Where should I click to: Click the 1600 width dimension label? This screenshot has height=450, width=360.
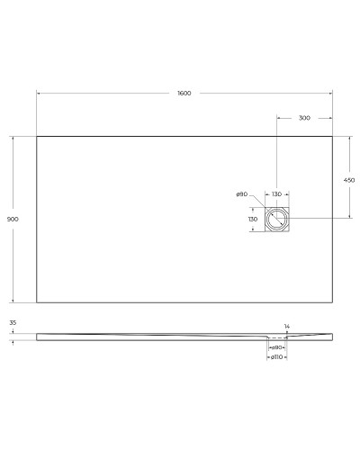(184, 94)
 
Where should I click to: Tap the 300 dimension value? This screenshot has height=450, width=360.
(304, 118)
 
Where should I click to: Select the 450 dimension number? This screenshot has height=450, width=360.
(349, 179)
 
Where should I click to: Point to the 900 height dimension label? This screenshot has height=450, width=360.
(13, 220)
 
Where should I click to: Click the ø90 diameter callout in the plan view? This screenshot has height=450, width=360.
(241, 194)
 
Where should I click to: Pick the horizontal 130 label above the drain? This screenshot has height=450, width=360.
(276, 194)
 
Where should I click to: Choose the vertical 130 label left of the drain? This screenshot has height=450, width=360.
(253, 219)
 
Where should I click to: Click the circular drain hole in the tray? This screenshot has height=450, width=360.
(276, 219)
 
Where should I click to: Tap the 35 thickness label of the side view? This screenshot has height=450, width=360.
(13, 322)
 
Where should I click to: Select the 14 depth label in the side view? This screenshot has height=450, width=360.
(287, 326)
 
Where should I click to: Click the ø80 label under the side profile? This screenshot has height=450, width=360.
(277, 346)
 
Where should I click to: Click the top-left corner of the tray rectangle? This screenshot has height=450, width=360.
(37, 136)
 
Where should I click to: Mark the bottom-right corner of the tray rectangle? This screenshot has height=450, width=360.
(333, 302)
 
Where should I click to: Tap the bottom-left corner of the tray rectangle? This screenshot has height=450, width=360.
(37, 302)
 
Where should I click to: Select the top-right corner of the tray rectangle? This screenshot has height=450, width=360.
(333, 136)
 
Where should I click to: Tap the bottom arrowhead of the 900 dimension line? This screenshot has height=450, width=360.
(13, 301)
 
